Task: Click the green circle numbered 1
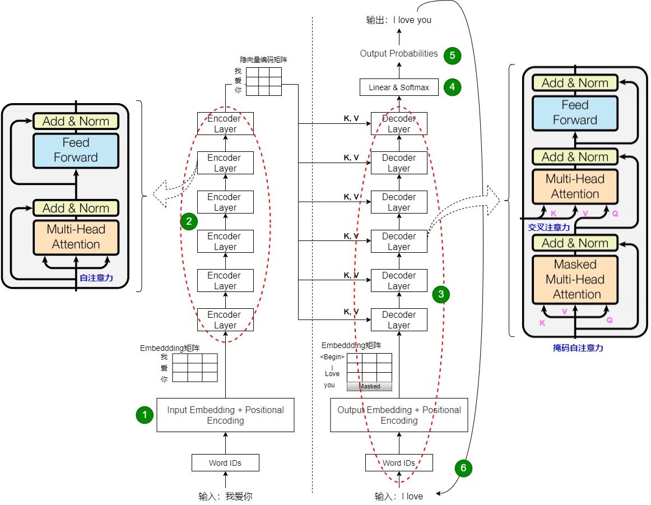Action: click(145, 415)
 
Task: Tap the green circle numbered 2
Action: click(189, 221)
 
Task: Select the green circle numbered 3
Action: click(441, 294)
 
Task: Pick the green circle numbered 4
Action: click(452, 87)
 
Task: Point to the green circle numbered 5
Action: click(452, 55)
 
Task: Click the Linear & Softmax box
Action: click(399, 87)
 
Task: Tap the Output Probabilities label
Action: click(399, 54)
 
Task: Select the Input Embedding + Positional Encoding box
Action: click(225, 415)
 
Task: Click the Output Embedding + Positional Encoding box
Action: click(399, 415)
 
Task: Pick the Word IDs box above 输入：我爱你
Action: click(225, 463)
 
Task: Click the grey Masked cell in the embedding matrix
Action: click(369, 386)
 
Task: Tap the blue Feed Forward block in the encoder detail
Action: click(76, 150)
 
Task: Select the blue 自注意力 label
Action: click(96, 278)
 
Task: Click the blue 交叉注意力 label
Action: click(549, 228)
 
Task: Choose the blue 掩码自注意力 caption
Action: click(578, 348)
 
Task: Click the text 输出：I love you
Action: click(399, 20)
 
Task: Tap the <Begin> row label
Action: click(332, 357)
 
